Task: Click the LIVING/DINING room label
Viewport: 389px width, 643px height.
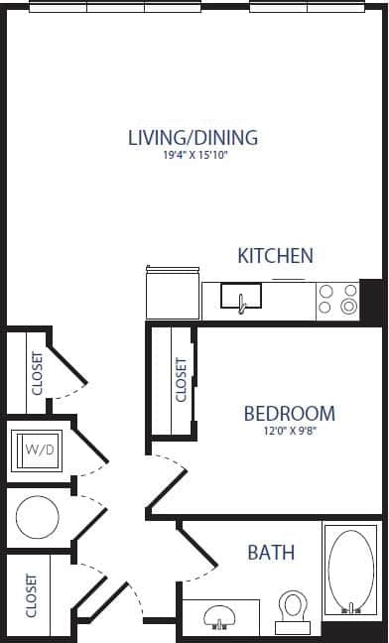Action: (x=193, y=137)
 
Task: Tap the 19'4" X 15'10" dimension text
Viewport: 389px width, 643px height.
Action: (x=194, y=156)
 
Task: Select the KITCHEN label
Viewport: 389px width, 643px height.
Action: (x=275, y=256)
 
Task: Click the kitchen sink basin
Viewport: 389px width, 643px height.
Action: (x=240, y=296)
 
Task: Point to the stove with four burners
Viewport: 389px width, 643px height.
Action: (x=337, y=300)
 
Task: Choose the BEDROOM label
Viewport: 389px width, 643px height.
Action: (x=289, y=413)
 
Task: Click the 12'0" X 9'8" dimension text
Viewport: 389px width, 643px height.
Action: (x=289, y=432)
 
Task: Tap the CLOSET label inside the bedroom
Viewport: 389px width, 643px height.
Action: (x=182, y=380)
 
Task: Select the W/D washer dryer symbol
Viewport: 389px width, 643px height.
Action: (x=39, y=450)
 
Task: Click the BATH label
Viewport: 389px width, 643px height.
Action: (x=271, y=552)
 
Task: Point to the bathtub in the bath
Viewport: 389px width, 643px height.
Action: (x=349, y=572)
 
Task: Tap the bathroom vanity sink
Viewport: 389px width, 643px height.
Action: (x=219, y=616)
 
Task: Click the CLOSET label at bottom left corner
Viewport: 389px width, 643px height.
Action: (x=32, y=594)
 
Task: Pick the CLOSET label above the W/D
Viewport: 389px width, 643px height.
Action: (x=37, y=373)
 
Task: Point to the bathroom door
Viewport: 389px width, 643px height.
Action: (x=196, y=548)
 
